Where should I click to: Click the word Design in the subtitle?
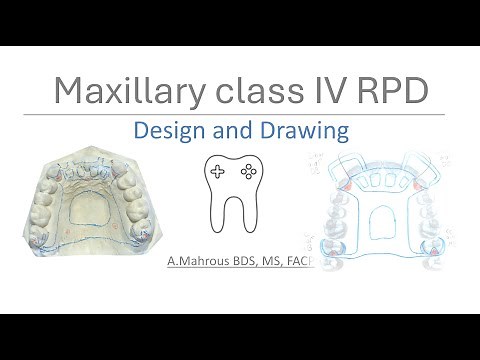[x=168, y=130]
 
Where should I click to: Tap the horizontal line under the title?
[x=240, y=113]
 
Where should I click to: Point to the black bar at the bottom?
[x=240, y=336]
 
